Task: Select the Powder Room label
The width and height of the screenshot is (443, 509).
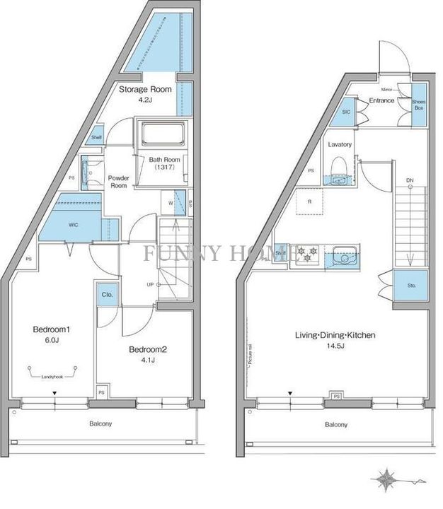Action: [117, 182]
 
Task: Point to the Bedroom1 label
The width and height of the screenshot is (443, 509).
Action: [53, 329]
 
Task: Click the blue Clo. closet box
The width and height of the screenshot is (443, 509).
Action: [108, 294]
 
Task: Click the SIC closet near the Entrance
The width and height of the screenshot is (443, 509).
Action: [346, 112]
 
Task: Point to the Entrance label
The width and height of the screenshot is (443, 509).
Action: [381, 102]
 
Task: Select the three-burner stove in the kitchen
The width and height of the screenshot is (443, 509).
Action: [308, 252]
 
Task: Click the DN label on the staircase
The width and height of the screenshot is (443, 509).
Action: [410, 182]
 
